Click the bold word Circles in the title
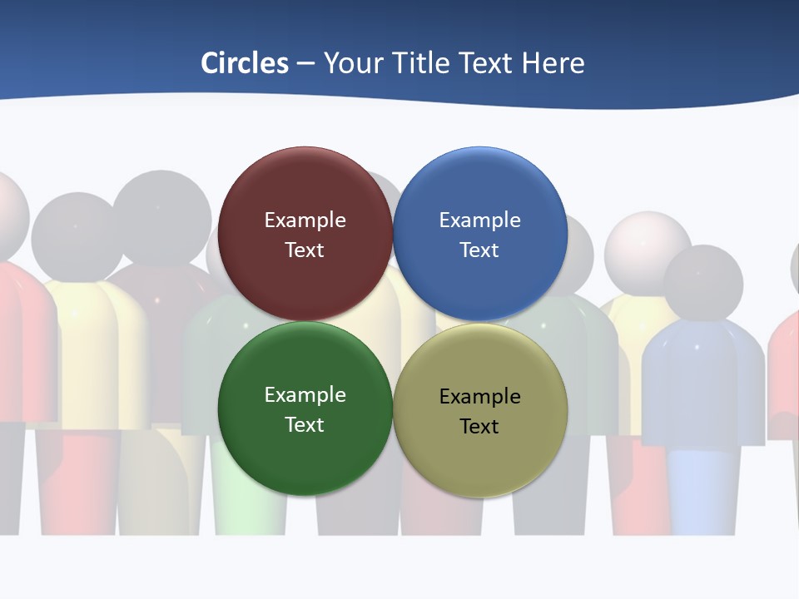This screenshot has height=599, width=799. (x=244, y=63)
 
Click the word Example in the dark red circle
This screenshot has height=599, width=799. (x=305, y=220)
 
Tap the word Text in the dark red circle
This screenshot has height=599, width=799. (x=305, y=250)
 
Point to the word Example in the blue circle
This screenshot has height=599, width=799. (x=479, y=220)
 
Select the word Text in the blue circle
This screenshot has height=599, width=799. (x=479, y=250)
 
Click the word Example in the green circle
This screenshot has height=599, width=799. (x=305, y=395)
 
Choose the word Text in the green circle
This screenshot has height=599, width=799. (x=305, y=425)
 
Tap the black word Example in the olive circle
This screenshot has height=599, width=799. (x=479, y=397)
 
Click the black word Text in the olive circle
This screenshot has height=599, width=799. (x=479, y=427)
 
